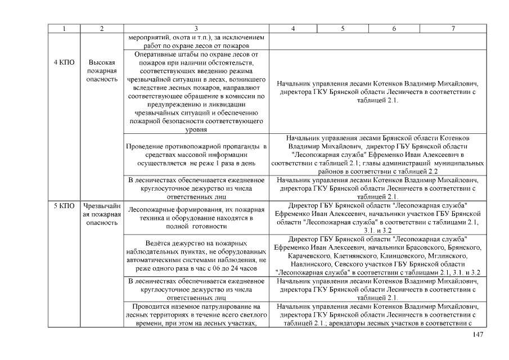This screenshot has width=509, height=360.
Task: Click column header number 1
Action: click(x=64, y=28)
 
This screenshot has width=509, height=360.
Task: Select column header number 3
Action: click(x=196, y=28)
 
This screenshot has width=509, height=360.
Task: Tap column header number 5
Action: click(x=343, y=28)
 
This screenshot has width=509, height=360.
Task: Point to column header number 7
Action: click(x=453, y=28)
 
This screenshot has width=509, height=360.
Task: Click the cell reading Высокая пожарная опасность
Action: click(x=102, y=71)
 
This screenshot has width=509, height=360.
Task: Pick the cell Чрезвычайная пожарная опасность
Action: click(x=102, y=214)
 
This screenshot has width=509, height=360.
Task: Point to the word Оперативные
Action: click(x=156, y=54)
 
